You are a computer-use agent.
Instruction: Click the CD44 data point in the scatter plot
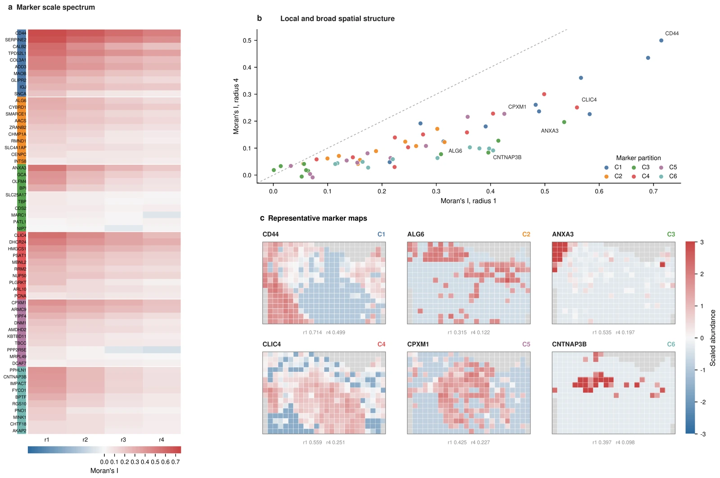coord(661,41)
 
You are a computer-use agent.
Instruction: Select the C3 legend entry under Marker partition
coord(641,167)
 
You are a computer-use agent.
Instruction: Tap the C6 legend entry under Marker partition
coord(668,176)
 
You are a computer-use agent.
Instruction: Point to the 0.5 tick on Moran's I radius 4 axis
coord(247,41)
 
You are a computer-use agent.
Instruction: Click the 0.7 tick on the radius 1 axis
coord(653,191)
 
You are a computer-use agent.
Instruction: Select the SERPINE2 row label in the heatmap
coord(16,40)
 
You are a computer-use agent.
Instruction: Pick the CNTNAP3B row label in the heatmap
coord(15,377)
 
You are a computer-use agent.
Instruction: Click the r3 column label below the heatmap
coord(123,439)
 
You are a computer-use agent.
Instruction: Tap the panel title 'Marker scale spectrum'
coord(56,7)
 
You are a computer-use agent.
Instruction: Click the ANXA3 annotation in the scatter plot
coord(549,131)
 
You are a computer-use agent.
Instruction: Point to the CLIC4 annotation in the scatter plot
coord(589,99)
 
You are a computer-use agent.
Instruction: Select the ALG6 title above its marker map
coord(416,234)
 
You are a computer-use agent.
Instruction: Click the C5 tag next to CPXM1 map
coord(526,344)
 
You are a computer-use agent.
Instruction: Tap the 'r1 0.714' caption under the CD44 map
coord(312,332)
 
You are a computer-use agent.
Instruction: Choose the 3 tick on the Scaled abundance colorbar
coord(702,242)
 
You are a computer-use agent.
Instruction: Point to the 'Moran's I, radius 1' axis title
coord(468,201)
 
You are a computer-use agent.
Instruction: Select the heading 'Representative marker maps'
coord(317,218)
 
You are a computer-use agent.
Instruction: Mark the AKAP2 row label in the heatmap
coord(19,431)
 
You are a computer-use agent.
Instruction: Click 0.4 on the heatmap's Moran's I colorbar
coord(145,462)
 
